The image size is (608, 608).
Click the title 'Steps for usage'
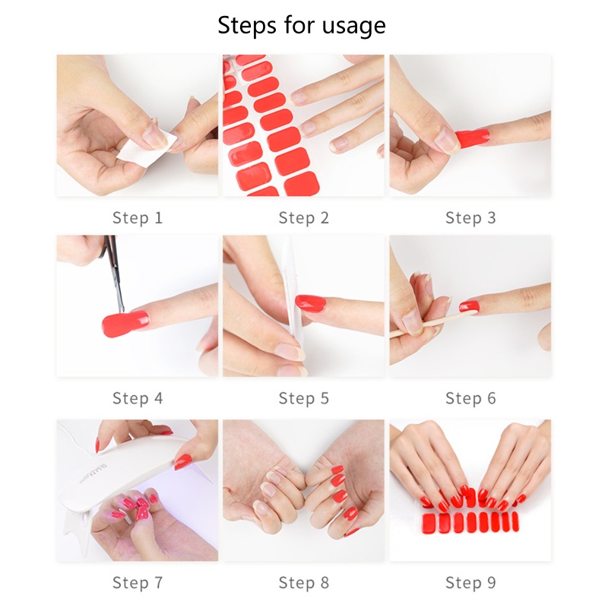(302, 25)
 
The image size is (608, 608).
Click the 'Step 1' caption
(138, 218)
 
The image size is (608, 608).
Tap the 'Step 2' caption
(303, 218)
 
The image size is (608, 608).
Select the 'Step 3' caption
(470, 218)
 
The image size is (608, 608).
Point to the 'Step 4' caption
(138, 398)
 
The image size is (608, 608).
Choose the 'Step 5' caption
(303, 398)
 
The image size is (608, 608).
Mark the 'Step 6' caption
(470, 398)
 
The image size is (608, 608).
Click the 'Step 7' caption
(138, 583)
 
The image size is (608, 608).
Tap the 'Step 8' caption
(303, 583)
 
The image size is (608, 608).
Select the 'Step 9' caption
(470, 583)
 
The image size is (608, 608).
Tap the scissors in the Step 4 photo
(115, 277)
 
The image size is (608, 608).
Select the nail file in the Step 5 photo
(287, 304)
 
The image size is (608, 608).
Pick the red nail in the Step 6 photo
(469, 306)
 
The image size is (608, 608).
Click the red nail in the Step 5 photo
(311, 303)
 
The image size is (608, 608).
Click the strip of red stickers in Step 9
(470, 523)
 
